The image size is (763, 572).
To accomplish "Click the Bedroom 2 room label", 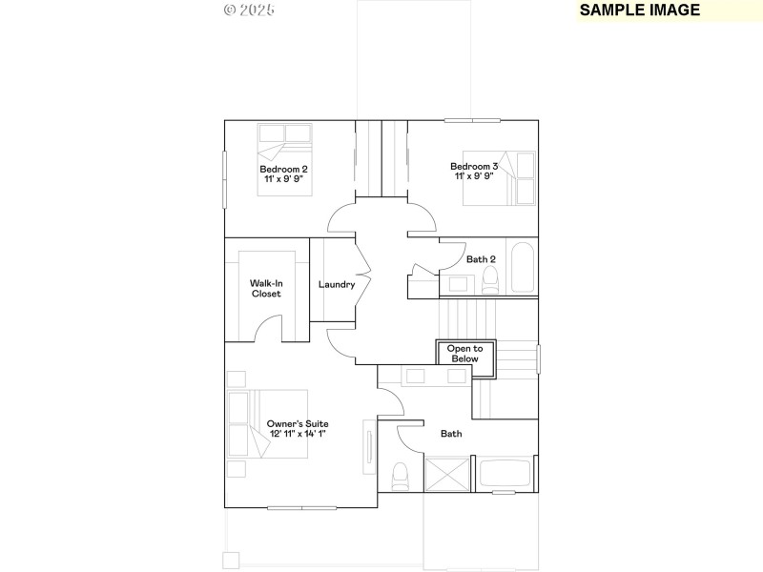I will tap(283, 169).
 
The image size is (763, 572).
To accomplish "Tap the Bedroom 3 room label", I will tap(474, 166).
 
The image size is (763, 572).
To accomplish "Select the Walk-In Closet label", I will tap(266, 288).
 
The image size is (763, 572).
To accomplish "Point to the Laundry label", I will tap(337, 284).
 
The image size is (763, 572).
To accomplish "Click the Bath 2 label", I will tap(481, 259).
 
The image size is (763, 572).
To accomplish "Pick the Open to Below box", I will tap(465, 353).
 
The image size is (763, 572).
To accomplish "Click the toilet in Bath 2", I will tap(490, 279).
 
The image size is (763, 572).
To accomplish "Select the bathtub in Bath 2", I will tap(522, 268).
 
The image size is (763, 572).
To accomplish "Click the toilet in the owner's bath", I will tap(401, 474).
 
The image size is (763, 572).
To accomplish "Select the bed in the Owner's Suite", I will tap(268, 423).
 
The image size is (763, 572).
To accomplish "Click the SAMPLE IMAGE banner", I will tap(640, 10).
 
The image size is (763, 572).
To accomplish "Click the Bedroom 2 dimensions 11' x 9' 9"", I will tap(283, 178).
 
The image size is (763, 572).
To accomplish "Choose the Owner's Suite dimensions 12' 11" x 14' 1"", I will tap(297, 434).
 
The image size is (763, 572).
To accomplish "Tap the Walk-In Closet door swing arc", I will tap(269, 329).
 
